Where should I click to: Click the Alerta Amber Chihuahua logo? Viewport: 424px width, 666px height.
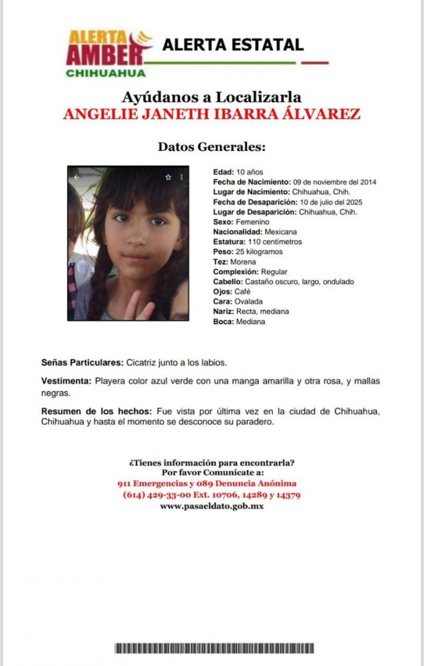(107, 53)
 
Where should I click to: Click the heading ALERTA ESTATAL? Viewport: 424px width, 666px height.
(232, 44)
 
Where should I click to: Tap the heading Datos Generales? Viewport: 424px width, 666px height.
(211, 147)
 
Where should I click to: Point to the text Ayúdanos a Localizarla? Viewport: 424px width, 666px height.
(211, 97)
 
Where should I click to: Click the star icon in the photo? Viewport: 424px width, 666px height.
(168, 177)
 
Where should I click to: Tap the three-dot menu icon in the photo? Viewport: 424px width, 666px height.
(182, 177)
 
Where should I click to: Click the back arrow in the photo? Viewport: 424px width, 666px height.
(77, 177)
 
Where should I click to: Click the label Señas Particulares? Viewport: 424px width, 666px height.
(82, 363)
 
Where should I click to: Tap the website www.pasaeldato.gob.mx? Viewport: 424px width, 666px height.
(211, 506)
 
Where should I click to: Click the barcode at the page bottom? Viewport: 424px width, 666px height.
(214, 648)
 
